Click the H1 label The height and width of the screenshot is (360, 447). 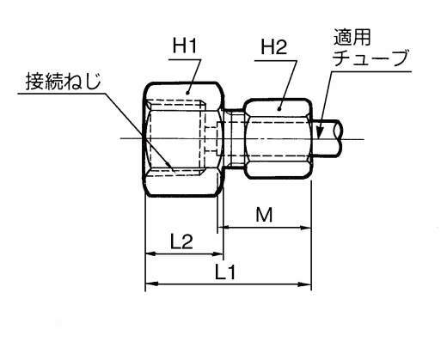(185, 46)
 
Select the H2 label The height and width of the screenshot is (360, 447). (273, 47)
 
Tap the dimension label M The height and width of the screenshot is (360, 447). (264, 215)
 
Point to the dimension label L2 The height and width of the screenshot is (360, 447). (181, 241)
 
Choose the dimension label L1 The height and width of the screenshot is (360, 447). (225, 272)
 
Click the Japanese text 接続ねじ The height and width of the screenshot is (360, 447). (64, 81)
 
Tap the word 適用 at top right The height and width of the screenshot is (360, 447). (352, 37)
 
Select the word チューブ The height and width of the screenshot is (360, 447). (370, 58)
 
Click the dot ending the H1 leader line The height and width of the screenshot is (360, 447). (187, 93)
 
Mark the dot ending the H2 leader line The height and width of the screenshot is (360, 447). (279, 108)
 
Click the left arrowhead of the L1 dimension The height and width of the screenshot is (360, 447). (152, 284)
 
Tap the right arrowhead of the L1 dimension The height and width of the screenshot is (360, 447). (305, 284)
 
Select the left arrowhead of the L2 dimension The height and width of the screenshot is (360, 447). (152, 253)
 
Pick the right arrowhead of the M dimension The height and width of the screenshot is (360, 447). (305, 228)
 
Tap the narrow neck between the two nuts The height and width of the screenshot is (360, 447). (234, 138)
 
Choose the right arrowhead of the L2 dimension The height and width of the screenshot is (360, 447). (217, 253)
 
